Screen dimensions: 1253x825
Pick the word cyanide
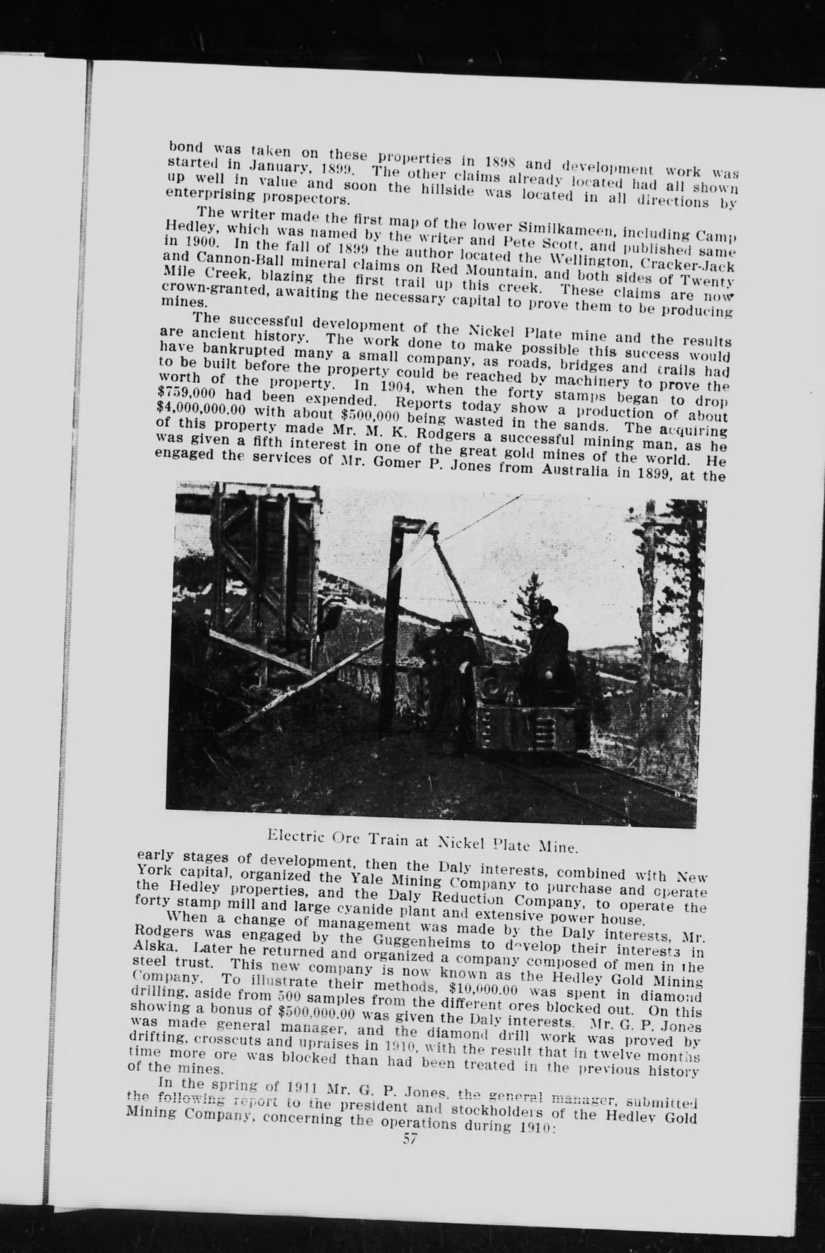[x=356, y=906]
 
